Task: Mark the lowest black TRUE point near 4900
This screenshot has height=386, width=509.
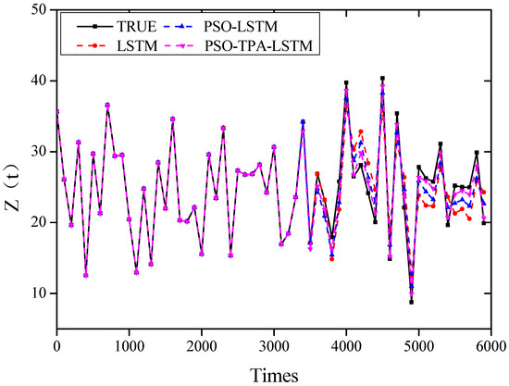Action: [411, 302]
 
